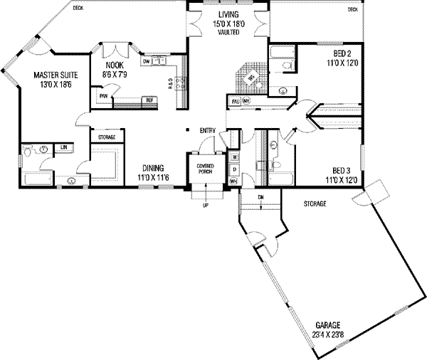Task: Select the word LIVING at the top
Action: (x=228, y=15)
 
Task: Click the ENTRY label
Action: (x=208, y=130)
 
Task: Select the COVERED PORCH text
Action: (x=206, y=167)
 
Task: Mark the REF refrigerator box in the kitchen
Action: (x=150, y=100)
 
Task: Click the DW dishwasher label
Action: (x=146, y=62)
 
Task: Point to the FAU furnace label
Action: (x=236, y=101)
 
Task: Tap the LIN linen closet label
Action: (x=63, y=147)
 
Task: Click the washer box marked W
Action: (x=234, y=156)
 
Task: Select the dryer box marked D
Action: (x=234, y=169)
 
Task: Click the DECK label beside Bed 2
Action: (x=352, y=9)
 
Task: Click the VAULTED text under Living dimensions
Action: (x=228, y=32)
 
